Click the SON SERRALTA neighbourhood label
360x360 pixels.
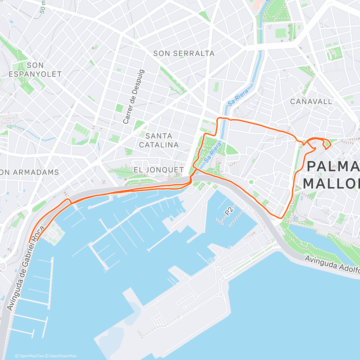point(184,54)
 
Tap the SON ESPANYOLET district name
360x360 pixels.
point(35,70)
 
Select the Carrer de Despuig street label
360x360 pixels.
point(134,97)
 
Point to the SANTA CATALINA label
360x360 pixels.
point(159,140)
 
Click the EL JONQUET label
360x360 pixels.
point(159,170)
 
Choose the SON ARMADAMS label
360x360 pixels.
point(29,172)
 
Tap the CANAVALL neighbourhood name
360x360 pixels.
point(311,102)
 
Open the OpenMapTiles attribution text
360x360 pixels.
point(29,356)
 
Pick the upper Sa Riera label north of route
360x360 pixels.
point(238,97)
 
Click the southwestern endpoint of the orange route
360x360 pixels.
point(29,242)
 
